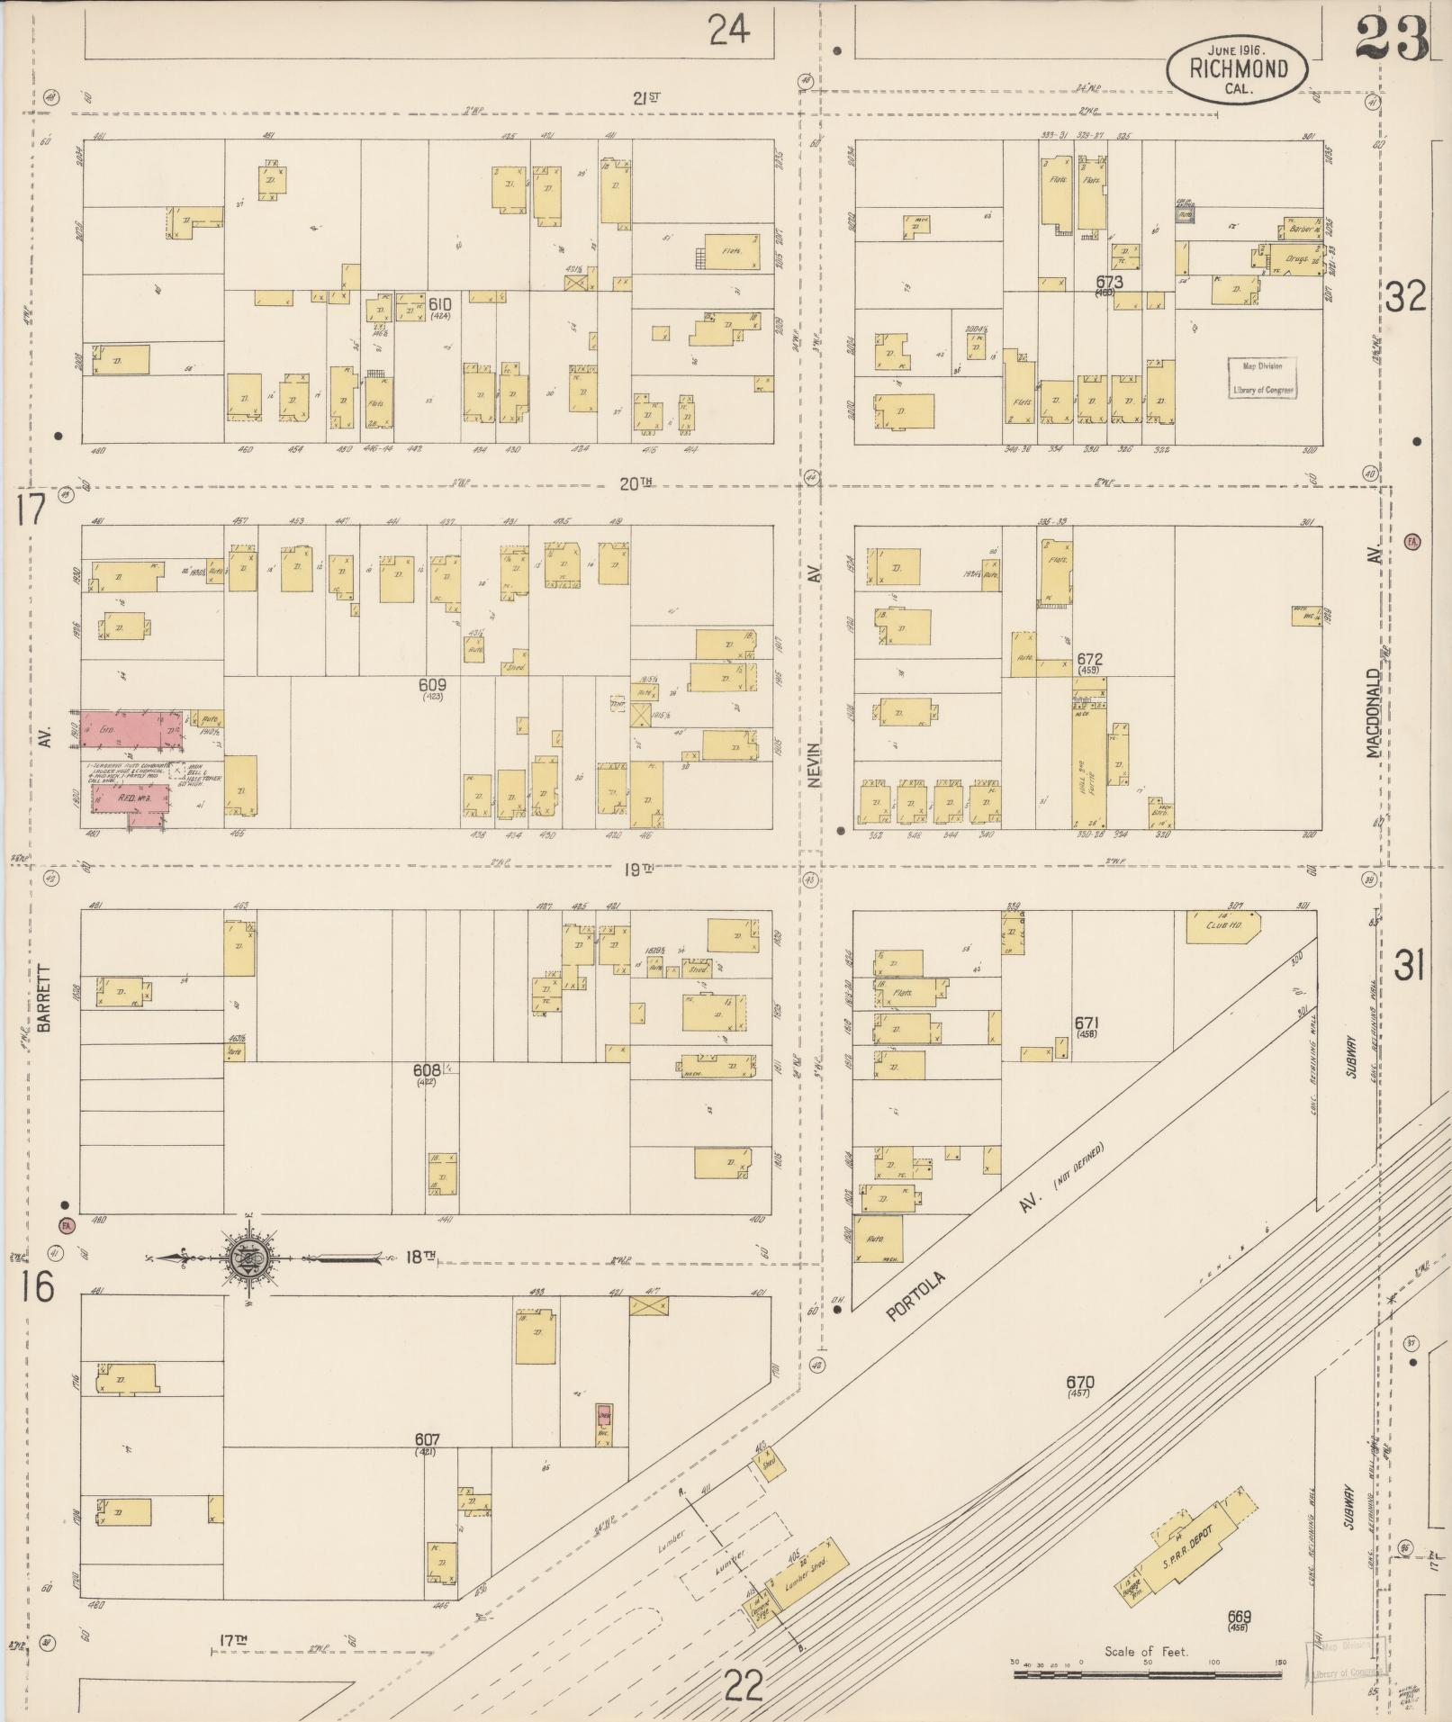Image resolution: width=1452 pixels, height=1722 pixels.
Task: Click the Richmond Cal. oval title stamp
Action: point(1238,68)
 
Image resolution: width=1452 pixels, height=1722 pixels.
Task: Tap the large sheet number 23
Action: point(1391,39)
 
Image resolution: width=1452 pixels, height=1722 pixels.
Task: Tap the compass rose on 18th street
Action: point(246,1258)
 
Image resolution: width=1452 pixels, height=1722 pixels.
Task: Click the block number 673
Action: point(1108,283)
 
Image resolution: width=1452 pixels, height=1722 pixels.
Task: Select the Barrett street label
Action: point(46,997)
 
